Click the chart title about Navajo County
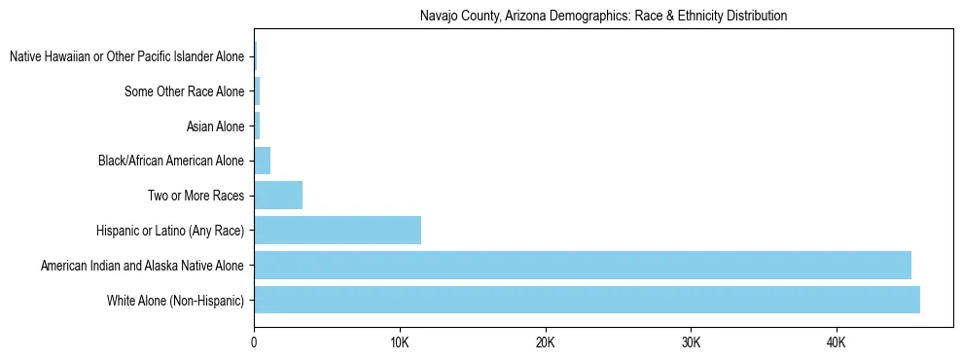tap(603, 16)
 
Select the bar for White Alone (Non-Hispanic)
tap(587, 300)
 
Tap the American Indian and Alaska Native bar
tap(582, 265)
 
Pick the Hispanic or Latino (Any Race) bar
tap(338, 230)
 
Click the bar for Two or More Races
tap(278, 196)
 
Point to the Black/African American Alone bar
tap(262, 161)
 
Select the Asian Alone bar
tap(257, 126)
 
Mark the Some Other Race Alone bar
tap(257, 91)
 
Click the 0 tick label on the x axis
tap(254, 342)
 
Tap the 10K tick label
tap(399, 342)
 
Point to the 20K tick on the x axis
tap(545, 342)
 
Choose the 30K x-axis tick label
tap(691, 342)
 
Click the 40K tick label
tap(836, 342)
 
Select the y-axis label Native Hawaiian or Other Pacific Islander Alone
tap(126, 56)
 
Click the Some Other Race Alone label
tap(184, 91)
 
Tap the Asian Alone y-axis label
tap(214, 126)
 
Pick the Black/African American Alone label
tap(171, 161)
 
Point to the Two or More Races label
tap(195, 196)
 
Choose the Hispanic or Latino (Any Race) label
tap(170, 231)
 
